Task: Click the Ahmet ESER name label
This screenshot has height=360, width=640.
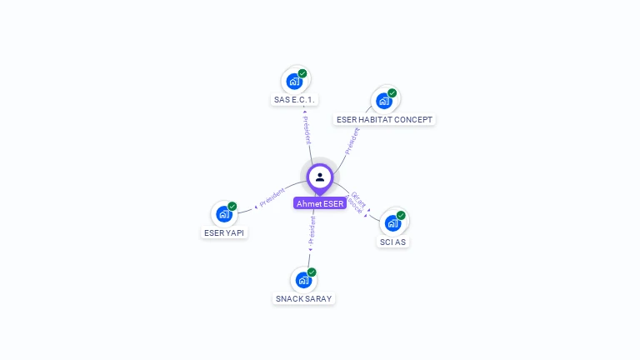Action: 319,203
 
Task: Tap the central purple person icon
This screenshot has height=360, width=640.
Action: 320,177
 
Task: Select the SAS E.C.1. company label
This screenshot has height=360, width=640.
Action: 295,100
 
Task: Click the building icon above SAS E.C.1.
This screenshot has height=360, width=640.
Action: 294,81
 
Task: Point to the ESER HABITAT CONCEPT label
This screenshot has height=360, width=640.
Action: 384,120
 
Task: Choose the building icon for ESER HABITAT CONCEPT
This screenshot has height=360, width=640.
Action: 383,101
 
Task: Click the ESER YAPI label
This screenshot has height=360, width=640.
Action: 224,232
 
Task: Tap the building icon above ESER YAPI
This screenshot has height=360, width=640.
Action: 223,214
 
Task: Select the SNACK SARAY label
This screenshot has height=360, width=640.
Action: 304,298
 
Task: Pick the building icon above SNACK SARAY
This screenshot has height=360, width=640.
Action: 303,280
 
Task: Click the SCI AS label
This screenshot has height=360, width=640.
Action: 393,242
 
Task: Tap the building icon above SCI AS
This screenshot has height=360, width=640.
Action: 392,223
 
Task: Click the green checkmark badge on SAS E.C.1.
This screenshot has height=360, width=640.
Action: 302,73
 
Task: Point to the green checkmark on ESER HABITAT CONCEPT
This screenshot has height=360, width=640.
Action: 392,93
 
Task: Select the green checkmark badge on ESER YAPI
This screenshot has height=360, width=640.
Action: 232,207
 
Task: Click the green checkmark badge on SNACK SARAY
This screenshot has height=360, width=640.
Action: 312,272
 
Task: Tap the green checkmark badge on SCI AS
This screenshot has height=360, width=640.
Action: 401,216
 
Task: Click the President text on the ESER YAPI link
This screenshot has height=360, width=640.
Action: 272,197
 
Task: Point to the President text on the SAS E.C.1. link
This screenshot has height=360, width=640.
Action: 307,129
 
